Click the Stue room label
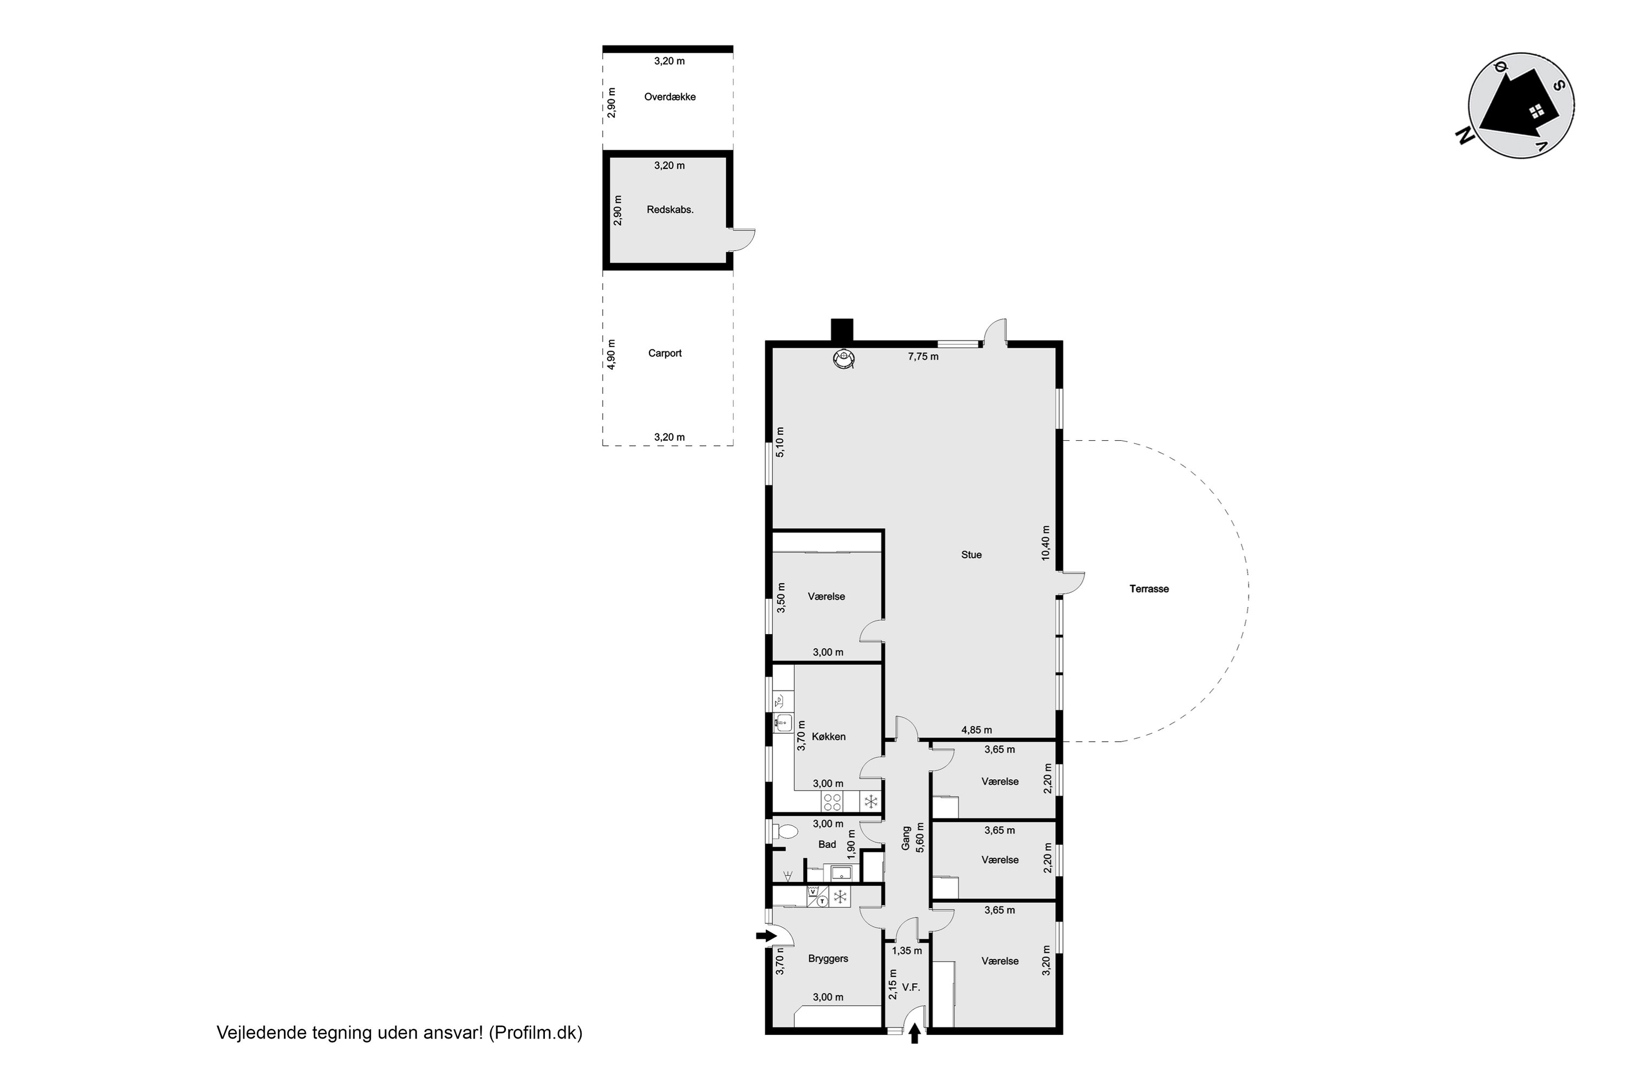pos(971,554)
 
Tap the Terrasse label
pos(1149,589)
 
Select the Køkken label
pos(828,737)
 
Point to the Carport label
pos(665,354)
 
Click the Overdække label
pos(669,97)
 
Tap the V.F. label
pos(911,988)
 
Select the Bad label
pos(827,845)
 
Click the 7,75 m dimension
pos(923,357)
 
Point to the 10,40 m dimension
pos(1045,543)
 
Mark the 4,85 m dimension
pos(976,730)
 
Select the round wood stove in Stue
pos(843,358)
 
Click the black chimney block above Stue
pos(842,330)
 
